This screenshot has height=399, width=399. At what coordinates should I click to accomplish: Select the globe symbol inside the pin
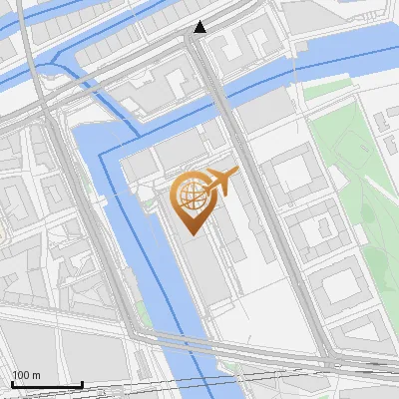[x=190, y=196]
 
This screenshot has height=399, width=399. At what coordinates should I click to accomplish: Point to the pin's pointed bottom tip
[x=190, y=232]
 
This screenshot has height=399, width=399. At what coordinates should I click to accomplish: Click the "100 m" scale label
[x=26, y=375]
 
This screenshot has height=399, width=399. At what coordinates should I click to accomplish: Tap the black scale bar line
[x=46, y=384]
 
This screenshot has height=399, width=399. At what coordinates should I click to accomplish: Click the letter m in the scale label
[x=37, y=375]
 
